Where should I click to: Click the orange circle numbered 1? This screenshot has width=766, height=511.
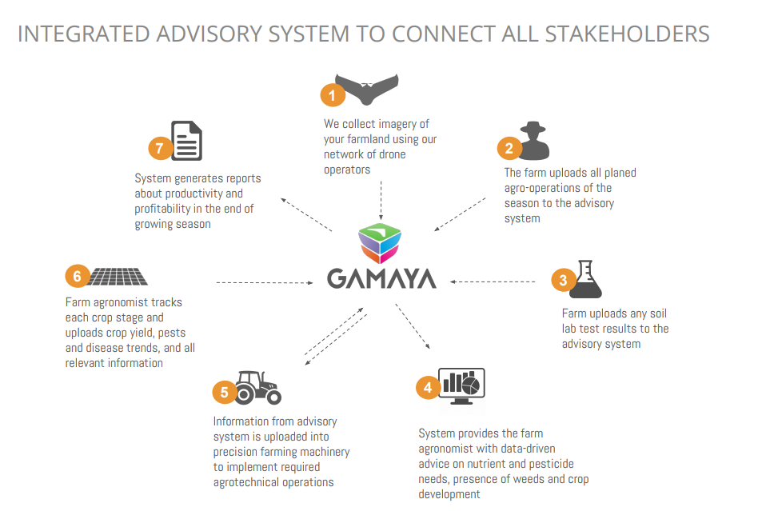[x=333, y=95]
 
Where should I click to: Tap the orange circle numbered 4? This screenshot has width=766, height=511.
[x=428, y=387]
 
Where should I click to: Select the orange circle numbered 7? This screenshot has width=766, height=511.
[x=160, y=148]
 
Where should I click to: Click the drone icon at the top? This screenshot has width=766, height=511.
[x=366, y=89]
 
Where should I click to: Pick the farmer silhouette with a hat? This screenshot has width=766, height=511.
[x=533, y=141]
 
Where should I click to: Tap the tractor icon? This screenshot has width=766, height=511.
[x=258, y=387]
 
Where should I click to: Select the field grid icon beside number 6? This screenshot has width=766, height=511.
[x=118, y=277]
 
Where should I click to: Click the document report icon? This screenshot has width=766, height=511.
[x=186, y=141]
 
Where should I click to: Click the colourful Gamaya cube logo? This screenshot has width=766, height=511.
[x=380, y=243]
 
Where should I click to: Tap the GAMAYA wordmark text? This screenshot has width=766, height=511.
[x=381, y=278]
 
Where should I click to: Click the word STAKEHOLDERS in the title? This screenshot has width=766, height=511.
[x=627, y=34]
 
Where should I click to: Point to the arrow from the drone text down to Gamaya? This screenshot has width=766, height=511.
[x=381, y=200]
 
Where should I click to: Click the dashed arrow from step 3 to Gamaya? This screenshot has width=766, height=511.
[x=493, y=281]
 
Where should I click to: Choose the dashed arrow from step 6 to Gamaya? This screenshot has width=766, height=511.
[x=265, y=282]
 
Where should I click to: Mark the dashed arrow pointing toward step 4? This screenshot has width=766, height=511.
[x=413, y=325]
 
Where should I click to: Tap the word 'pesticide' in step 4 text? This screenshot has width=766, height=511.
[x=550, y=464]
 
